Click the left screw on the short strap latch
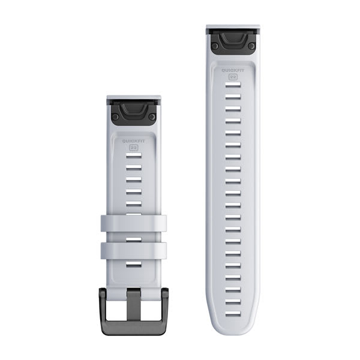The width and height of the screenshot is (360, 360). click(115, 116)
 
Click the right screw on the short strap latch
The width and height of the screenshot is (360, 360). click(152, 116)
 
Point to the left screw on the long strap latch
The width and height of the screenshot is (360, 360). click(214, 45)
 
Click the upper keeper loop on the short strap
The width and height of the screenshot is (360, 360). click(133, 223)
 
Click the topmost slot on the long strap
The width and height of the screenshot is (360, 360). click(233, 87)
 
